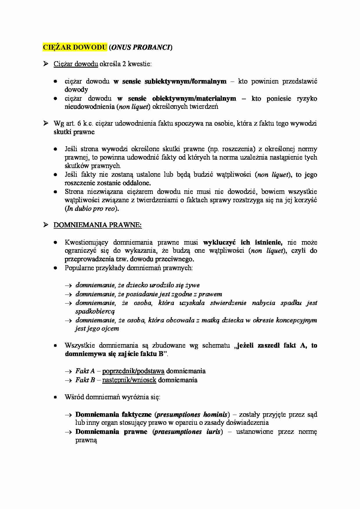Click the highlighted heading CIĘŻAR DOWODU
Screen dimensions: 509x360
[75, 47]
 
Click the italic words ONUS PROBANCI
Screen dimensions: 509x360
[141, 47]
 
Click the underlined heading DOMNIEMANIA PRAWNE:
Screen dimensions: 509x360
[98, 225]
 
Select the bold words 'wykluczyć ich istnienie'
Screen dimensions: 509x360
[242, 242]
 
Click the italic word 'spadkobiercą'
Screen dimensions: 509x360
[95, 311]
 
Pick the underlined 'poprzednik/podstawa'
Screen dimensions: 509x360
[133, 371]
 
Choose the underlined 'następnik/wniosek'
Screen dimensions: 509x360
[129, 380]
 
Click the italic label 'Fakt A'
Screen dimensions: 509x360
[85, 371]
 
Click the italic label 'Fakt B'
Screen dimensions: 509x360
[85, 380]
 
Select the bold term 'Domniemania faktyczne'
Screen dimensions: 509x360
[113, 414]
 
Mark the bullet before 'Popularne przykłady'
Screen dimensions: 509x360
[55, 268]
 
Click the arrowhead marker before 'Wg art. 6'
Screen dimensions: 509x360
[46, 123]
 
